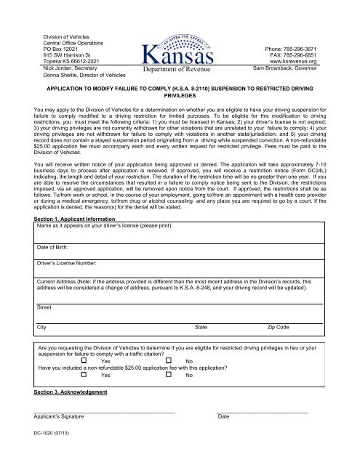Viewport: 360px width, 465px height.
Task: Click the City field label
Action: click(42, 328)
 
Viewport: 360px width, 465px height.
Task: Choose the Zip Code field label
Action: click(280, 328)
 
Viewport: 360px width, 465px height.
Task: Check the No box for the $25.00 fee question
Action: click(169, 375)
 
